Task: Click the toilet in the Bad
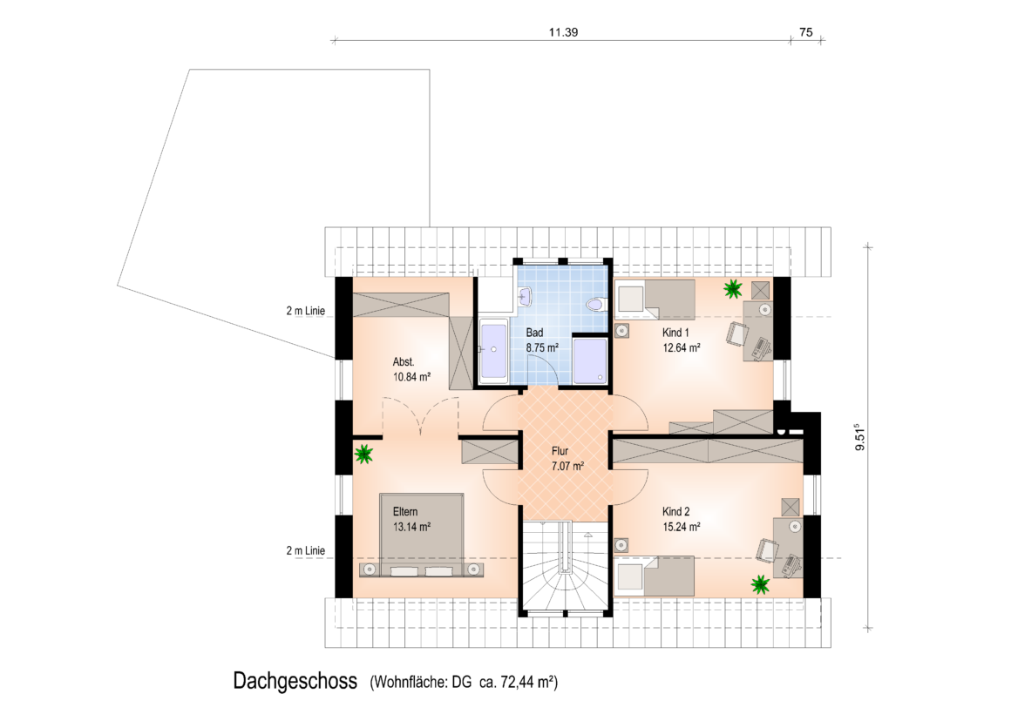595,304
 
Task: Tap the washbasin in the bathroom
524,296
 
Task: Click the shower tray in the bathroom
590,360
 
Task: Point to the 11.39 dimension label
563,32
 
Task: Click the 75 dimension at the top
806,32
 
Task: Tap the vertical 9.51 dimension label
859,437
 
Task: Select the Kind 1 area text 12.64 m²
682,348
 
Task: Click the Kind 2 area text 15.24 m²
682,527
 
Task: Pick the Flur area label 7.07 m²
567,466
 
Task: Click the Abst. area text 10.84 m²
411,377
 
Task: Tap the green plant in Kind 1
732,289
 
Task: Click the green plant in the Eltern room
363,455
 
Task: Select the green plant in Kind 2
761,585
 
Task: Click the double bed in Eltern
422,535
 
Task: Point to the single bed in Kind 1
655,300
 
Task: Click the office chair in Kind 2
767,549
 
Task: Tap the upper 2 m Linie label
306,311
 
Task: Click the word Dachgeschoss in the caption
295,681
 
